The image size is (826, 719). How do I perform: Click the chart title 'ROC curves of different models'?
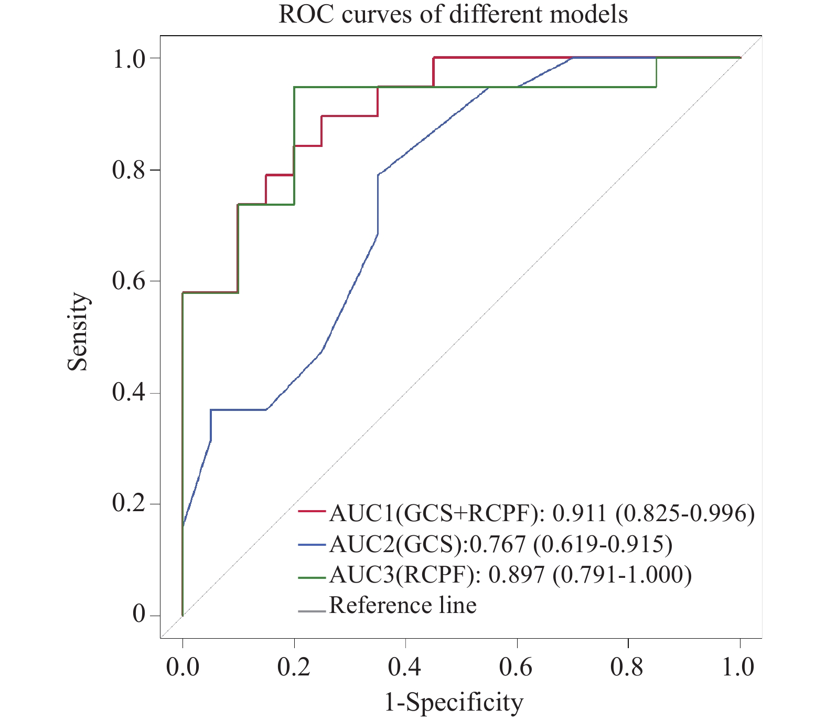click(x=453, y=15)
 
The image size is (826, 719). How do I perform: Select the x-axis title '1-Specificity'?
click(x=454, y=702)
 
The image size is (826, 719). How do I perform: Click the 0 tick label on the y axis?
click(x=139, y=615)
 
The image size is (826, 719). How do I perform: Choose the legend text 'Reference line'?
click(x=402, y=605)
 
